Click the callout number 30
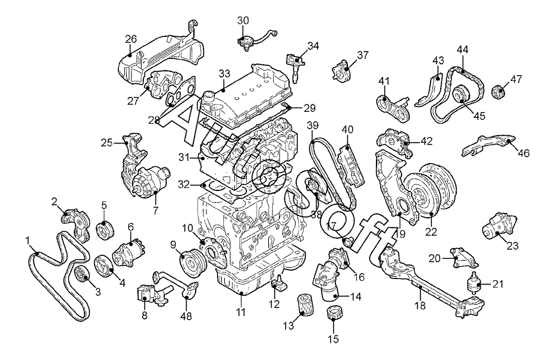pyautogui.click(x=243, y=21)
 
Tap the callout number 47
pyautogui.click(x=516, y=79)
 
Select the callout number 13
pyautogui.click(x=289, y=325)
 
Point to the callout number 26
pyautogui.click(x=131, y=39)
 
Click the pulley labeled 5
pyautogui.click(x=105, y=230)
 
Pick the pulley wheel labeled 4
pyautogui.click(x=104, y=265)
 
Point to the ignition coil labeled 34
pyautogui.click(x=293, y=65)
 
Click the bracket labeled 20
pyautogui.click(x=463, y=258)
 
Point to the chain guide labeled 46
pyautogui.click(x=488, y=145)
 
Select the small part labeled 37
pyautogui.click(x=341, y=72)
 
